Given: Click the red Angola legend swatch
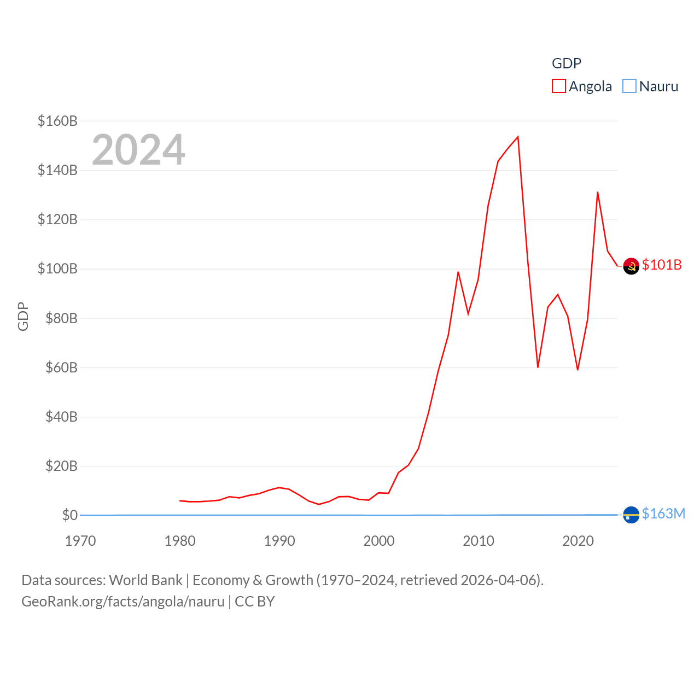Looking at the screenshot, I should (558, 86).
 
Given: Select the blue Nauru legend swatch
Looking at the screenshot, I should (629, 86).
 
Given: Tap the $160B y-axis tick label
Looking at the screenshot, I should (57, 121).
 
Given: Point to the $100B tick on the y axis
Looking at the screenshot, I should (57, 269).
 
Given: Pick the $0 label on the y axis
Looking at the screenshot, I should (69, 515).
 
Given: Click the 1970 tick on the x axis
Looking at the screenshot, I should (80, 541).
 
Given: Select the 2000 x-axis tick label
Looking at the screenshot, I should (379, 541).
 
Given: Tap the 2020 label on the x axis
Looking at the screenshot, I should (578, 541).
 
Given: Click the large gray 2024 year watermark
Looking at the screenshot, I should (138, 150).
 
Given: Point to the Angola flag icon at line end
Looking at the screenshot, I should (631, 266).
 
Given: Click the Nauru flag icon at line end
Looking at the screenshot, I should (631, 515).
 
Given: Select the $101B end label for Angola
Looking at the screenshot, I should (662, 265).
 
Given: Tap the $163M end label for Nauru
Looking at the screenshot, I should (663, 514).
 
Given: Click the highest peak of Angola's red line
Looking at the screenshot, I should (517, 137).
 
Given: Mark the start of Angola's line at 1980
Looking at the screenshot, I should (180, 500).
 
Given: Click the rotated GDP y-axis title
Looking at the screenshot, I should (23, 316).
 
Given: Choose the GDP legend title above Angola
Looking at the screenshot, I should (567, 63).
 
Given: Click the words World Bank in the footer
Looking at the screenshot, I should (145, 580).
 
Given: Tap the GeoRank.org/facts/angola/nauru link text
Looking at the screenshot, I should (123, 602).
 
